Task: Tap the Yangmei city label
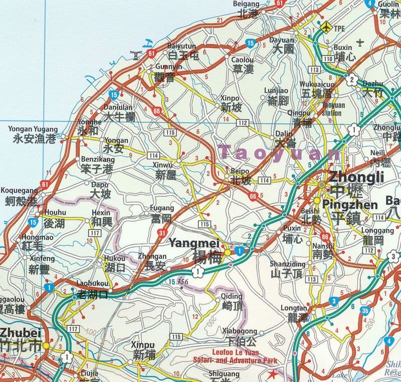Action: [188, 243]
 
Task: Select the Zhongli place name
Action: [356, 177]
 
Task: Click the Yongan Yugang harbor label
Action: [33, 129]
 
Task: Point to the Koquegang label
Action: [20, 190]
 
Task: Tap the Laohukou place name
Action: [92, 283]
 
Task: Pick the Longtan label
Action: [294, 308]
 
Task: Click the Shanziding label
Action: [287, 264]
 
